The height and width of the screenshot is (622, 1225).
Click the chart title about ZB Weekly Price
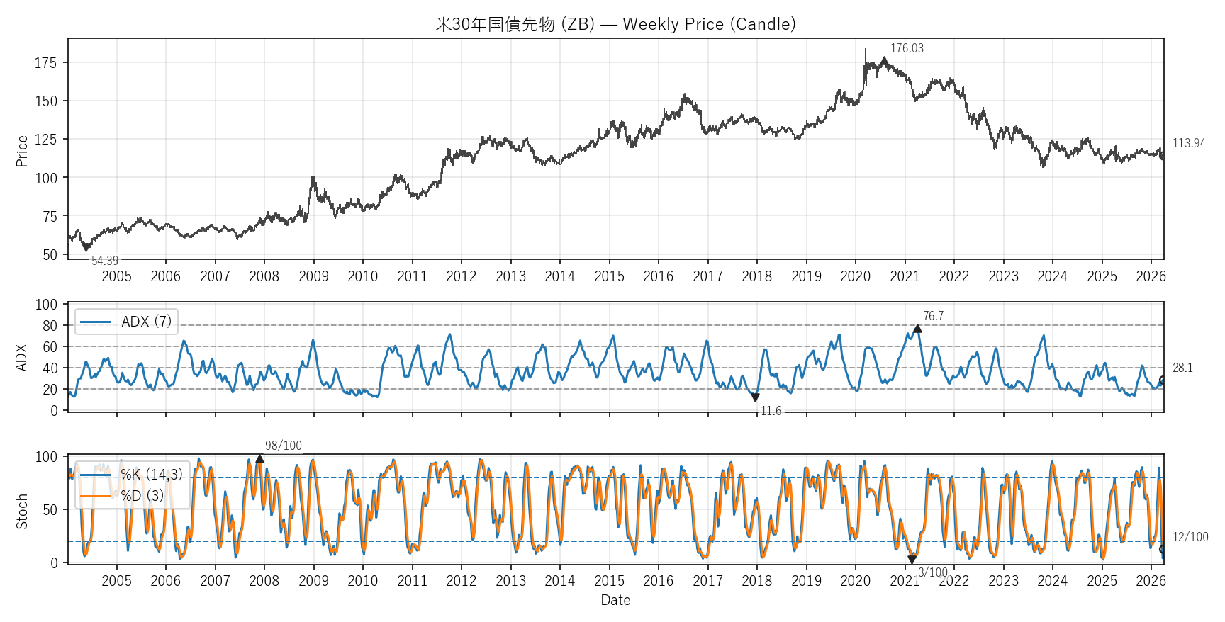pos(615,24)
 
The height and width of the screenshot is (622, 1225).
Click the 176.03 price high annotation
pos(907,48)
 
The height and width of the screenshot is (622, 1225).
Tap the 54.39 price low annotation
pos(105,261)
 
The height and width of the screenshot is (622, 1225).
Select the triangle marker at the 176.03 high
pos(884,61)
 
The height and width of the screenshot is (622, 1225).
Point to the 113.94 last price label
pos(1189,143)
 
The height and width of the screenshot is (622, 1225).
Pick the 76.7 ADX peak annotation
pos(933,316)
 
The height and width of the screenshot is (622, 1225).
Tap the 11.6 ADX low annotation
pos(771,411)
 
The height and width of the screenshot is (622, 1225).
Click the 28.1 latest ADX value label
pos(1182,368)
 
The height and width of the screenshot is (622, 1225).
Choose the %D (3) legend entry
pos(142,495)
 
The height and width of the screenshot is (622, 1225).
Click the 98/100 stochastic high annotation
pos(283,446)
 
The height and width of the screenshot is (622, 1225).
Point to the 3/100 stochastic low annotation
pos(932,572)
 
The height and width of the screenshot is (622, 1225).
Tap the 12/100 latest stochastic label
pos(1190,537)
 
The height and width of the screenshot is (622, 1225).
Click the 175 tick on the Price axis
pos(45,63)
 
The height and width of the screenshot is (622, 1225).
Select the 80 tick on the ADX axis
pos(50,326)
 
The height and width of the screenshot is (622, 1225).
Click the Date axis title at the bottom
pos(615,600)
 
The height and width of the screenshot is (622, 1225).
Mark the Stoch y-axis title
pos(22,511)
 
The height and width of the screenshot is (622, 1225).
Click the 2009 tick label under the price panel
pos(313,276)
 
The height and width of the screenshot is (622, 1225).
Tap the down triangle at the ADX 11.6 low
pos(755,398)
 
